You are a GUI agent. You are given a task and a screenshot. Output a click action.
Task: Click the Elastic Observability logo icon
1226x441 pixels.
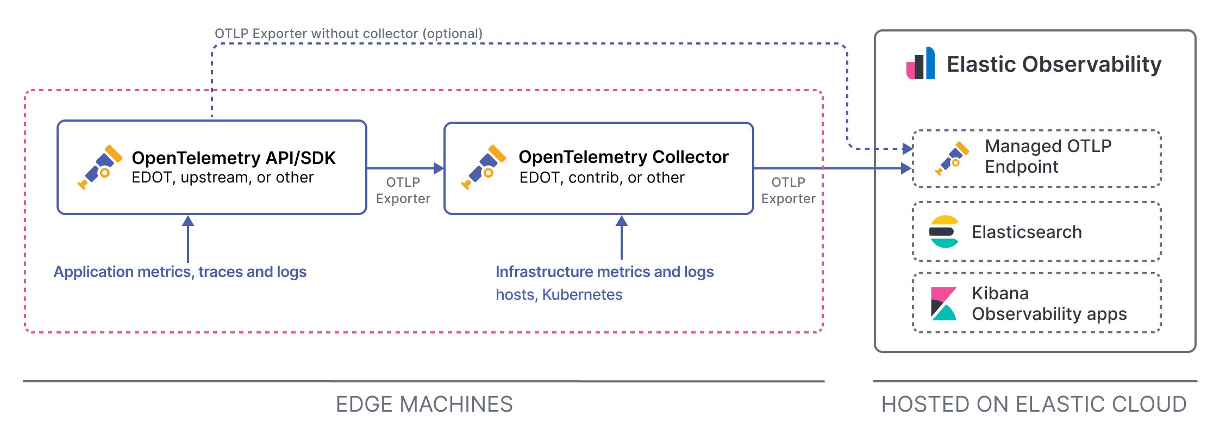(x=921, y=64)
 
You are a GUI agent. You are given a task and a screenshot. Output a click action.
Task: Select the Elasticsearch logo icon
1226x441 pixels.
(x=944, y=232)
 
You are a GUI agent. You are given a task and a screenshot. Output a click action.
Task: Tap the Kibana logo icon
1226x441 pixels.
(x=943, y=303)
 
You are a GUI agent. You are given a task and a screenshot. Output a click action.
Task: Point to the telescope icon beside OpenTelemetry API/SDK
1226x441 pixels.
(x=100, y=167)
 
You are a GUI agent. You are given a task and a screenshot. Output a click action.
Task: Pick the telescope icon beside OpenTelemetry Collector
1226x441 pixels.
(x=484, y=167)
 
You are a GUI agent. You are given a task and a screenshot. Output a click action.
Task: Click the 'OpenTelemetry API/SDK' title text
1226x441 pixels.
(x=233, y=158)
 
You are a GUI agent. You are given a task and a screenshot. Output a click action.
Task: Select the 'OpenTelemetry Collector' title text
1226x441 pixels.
(x=623, y=157)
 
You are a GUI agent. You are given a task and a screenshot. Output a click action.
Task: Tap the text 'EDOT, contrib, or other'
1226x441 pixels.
(x=602, y=178)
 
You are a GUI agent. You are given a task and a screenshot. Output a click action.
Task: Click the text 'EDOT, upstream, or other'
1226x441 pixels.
(x=222, y=178)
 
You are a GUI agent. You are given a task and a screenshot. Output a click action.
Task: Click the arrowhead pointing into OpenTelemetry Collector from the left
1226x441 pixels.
(x=439, y=168)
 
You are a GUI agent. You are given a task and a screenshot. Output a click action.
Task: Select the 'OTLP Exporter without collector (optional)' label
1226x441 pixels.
(x=348, y=34)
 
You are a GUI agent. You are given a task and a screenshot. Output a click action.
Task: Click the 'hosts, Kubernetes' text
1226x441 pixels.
(x=559, y=294)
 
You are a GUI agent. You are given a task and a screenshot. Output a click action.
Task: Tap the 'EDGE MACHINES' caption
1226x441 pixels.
(x=424, y=404)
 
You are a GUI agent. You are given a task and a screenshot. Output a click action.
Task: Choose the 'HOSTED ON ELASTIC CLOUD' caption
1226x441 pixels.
(x=1034, y=404)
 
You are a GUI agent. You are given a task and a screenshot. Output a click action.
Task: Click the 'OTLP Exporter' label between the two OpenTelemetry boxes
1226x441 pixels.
(x=403, y=190)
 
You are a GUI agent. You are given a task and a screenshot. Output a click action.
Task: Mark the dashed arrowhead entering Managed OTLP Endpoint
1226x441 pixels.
(x=907, y=148)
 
